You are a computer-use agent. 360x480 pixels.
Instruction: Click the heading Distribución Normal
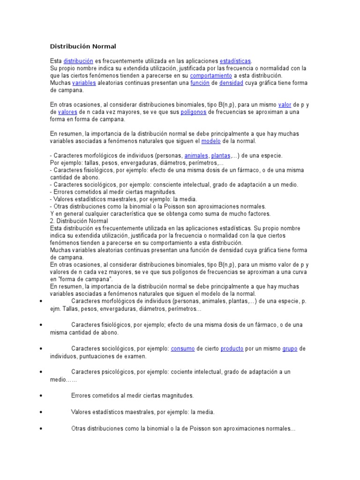[83, 46]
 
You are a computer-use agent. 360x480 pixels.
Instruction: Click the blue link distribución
[78, 61]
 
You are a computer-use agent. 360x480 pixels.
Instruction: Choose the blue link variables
[84, 82]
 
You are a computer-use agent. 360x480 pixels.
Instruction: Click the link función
[200, 82]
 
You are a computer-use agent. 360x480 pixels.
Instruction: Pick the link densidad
[231, 82]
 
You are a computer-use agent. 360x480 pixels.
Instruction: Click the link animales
[196, 155]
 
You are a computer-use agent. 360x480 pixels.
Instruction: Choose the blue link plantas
[221, 155]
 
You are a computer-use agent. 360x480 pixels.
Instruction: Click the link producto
[232, 349]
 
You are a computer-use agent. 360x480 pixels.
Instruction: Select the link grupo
[290, 349]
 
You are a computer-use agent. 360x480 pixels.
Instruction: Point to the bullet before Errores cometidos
[42, 396]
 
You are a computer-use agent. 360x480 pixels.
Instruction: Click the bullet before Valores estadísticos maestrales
[42, 412]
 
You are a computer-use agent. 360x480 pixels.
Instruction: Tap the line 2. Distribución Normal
[79, 221]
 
